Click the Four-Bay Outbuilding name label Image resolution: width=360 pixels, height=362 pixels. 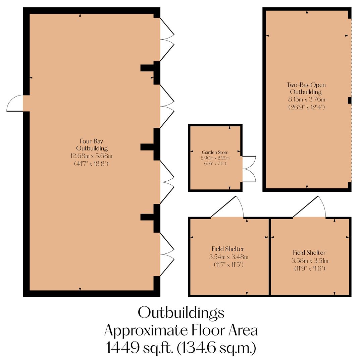[x=91, y=144]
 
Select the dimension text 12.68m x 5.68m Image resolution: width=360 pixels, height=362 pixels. [x=91, y=156]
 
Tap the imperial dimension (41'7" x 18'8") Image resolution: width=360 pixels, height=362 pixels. [x=91, y=164]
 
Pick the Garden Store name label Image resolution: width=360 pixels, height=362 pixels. [x=215, y=152]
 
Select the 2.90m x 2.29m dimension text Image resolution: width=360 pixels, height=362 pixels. [x=215, y=158]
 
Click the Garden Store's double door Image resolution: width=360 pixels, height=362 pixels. [x=249, y=169]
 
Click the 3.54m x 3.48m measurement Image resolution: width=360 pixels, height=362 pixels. [x=228, y=257]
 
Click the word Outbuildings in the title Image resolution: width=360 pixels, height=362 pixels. [x=181, y=313]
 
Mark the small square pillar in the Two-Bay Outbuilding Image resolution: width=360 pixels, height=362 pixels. [x=349, y=100]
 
